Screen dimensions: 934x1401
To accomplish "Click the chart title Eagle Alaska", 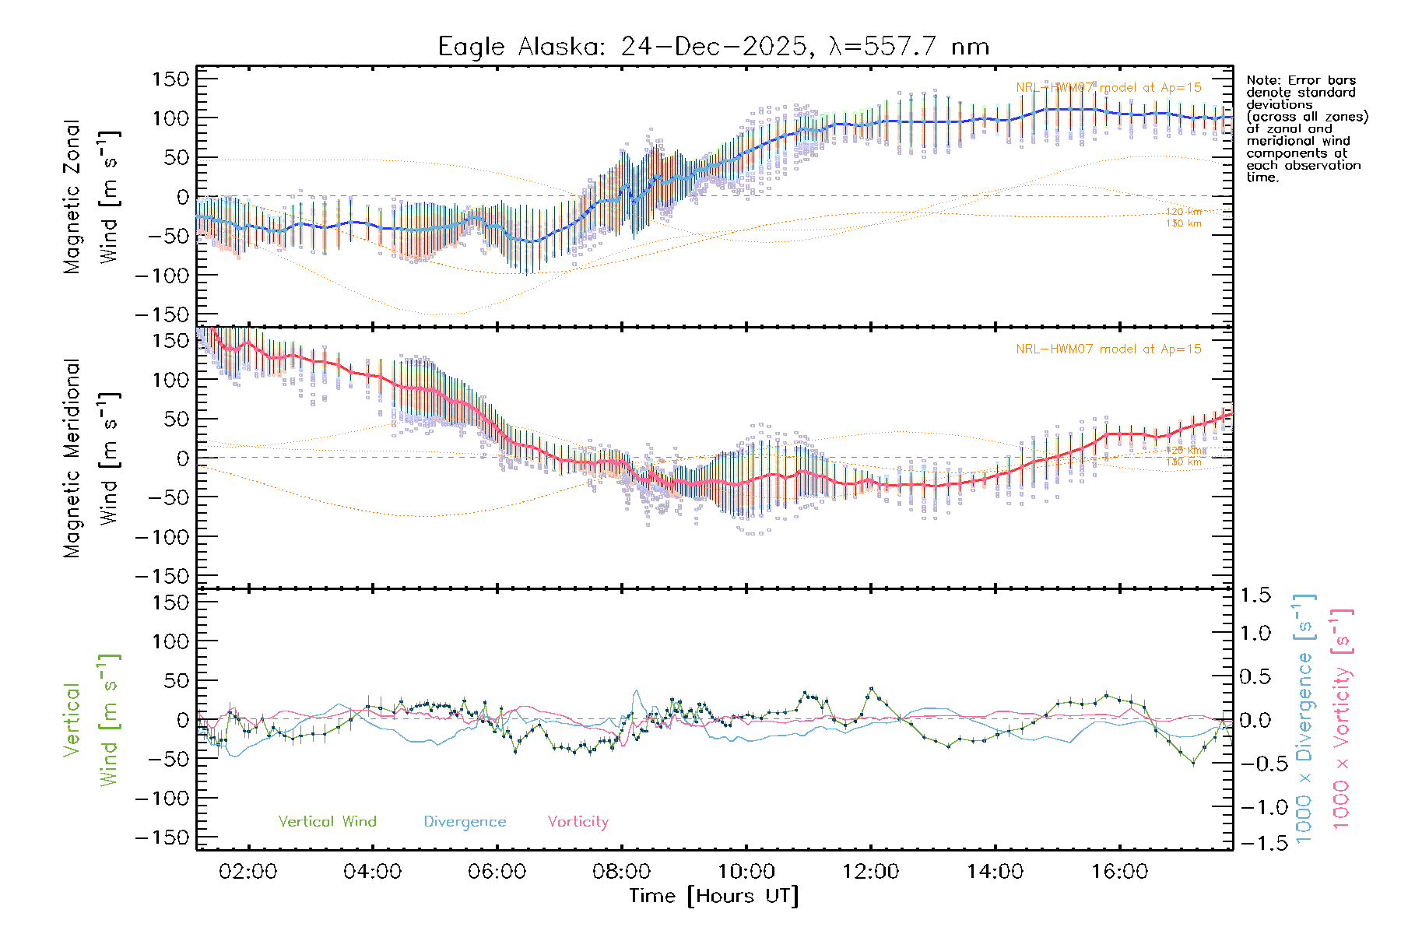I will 713,47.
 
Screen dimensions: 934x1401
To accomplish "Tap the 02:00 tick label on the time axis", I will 248,872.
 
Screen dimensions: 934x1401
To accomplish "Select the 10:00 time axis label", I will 746,872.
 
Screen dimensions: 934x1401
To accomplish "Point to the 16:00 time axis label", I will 1119,872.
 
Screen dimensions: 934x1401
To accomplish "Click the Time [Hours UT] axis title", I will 714,896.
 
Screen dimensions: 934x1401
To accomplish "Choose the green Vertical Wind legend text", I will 327,822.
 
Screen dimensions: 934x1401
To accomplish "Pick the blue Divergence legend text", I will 465,822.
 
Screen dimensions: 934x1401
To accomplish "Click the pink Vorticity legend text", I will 578,822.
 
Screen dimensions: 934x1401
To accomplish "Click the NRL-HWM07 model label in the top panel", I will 1108,88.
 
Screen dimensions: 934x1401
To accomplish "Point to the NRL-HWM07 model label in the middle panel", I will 1108,349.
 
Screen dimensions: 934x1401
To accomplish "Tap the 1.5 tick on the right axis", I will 1255,595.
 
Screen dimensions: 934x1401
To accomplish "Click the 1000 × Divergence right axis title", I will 1304,718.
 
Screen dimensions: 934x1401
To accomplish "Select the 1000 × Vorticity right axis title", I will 1341,718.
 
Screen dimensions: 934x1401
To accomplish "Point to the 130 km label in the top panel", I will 1183,224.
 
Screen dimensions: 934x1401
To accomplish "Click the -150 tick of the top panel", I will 162,315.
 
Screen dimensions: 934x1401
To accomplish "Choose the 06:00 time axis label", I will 497,872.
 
